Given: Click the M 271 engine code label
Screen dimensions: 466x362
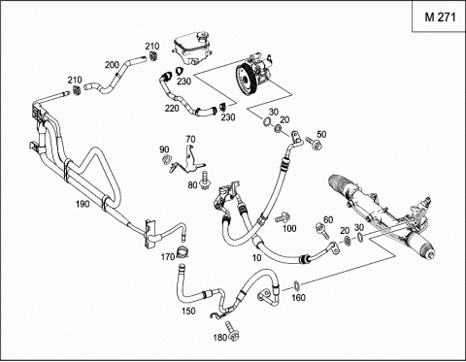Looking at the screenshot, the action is pos(440,17).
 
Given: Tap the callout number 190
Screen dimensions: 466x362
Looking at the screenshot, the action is pos(83,204).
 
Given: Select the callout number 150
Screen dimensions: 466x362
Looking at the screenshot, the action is pos(188,311).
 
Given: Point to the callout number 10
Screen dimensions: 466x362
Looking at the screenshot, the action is pos(256,258).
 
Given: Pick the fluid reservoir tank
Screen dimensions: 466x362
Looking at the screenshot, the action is pos(190,48).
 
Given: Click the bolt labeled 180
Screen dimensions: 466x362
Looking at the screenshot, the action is pos(232,331).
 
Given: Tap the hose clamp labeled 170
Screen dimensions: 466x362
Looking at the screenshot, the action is pos(183,251).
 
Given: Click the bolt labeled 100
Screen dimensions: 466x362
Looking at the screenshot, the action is pos(283,217).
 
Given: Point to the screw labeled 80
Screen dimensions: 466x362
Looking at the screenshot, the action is pos(205,181).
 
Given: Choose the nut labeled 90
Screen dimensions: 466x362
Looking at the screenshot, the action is pos(167,159).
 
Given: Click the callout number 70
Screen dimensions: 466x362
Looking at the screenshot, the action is pos(190,139).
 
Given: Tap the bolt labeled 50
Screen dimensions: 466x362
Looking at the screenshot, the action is pos(314,143).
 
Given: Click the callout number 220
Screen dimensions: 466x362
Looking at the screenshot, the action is pos(172,108).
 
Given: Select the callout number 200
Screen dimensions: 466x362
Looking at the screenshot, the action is pos(112,65).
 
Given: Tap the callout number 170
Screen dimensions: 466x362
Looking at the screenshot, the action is pos(168,257).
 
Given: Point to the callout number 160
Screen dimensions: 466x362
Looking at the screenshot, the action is pos(298,297).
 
